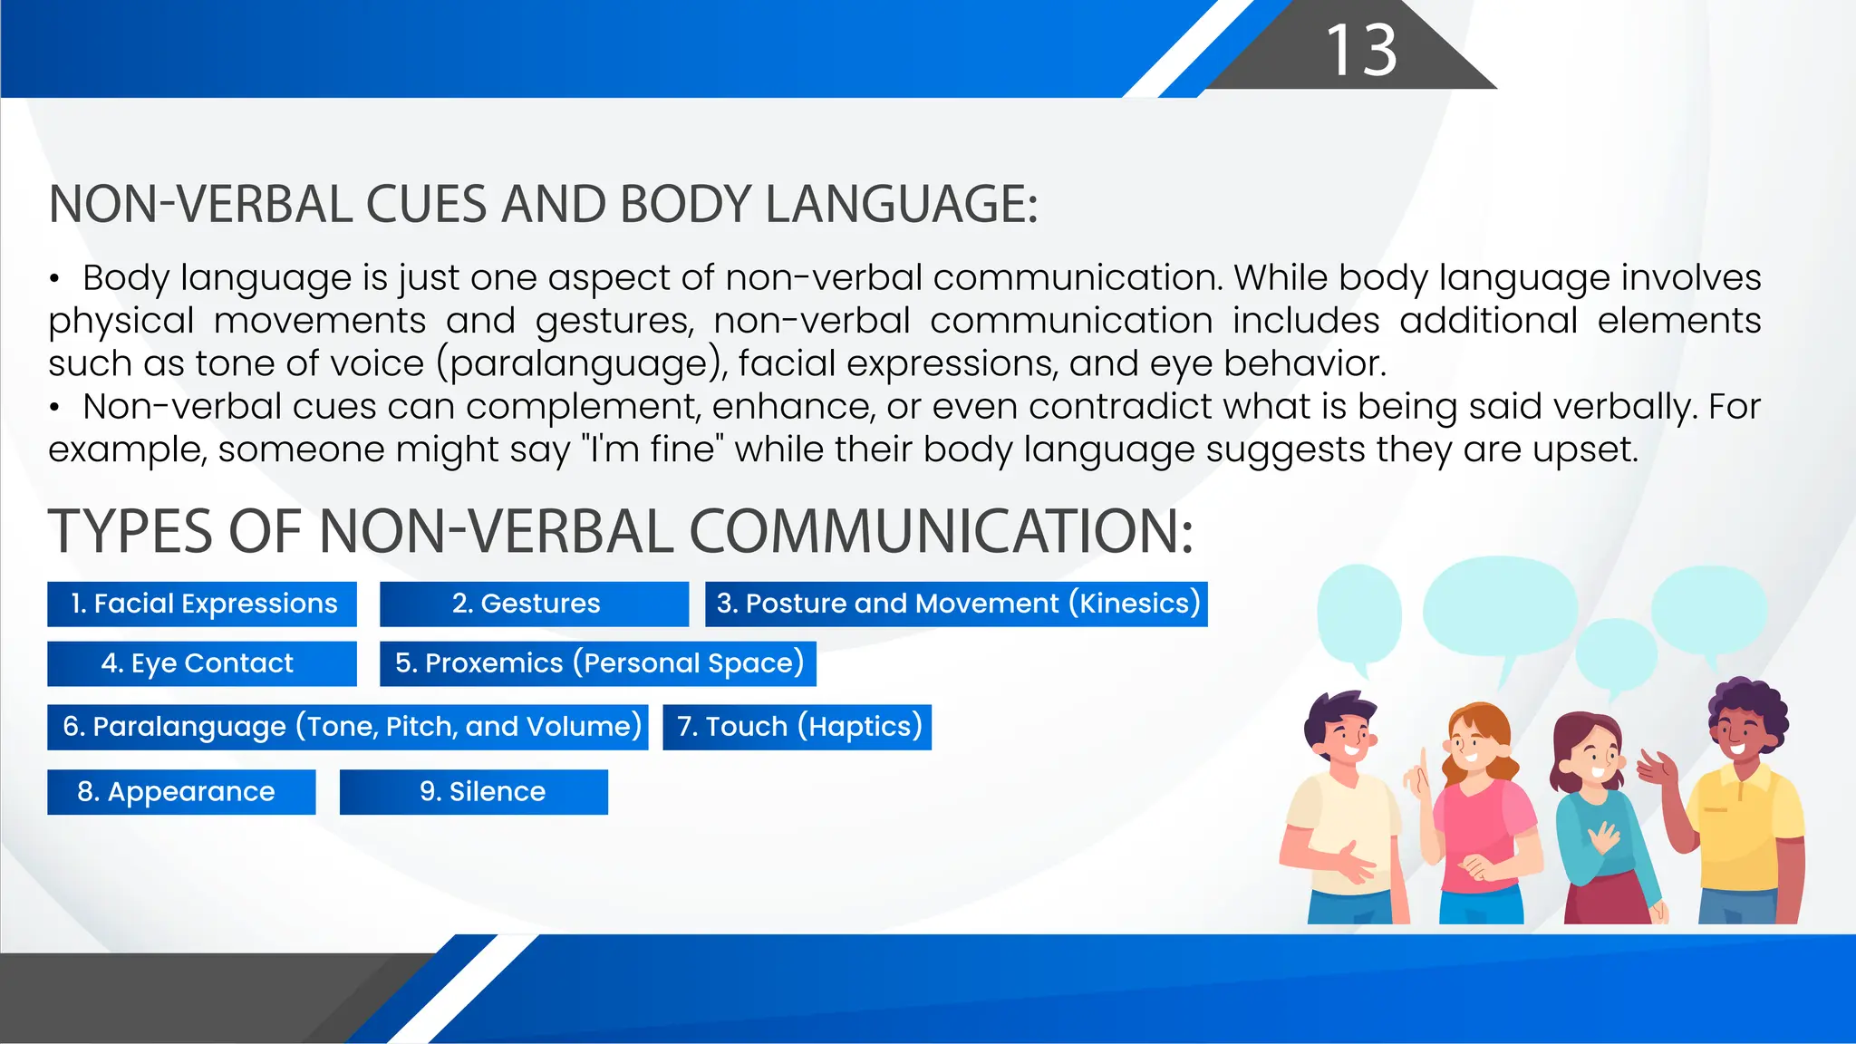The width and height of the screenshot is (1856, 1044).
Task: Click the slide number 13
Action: point(1361,50)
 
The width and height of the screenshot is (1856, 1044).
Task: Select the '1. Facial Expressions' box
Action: point(202,604)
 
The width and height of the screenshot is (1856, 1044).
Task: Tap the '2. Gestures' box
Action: point(534,604)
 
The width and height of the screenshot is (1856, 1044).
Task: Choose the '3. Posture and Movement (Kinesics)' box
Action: point(956,604)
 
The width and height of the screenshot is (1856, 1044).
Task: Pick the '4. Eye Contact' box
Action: point(202,663)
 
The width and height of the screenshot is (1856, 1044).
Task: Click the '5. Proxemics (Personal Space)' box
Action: point(598,663)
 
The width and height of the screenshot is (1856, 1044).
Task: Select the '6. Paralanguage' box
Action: point(348,727)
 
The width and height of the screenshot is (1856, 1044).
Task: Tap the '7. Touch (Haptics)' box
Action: point(797,727)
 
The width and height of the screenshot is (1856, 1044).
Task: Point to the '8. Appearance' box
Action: point(181,792)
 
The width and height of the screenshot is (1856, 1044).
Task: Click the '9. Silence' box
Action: point(474,792)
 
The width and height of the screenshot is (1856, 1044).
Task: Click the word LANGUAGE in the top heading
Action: point(901,204)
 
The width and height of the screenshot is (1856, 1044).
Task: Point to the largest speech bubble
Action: point(1500,607)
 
